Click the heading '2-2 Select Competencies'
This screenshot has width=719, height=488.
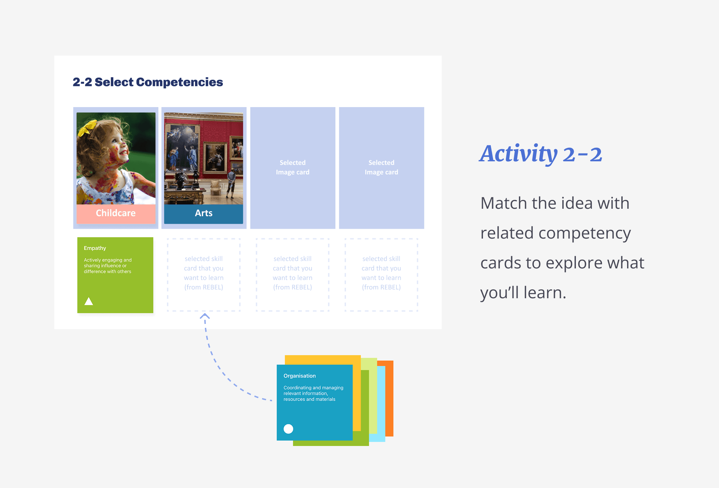(x=148, y=82)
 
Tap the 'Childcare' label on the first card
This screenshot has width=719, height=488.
(x=116, y=213)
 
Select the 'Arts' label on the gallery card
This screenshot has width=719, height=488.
(x=203, y=213)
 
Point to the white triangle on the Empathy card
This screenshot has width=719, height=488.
(x=89, y=301)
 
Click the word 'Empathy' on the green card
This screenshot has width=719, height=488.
(x=95, y=248)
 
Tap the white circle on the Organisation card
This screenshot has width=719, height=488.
(x=288, y=429)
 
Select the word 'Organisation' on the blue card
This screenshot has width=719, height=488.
(x=299, y=376)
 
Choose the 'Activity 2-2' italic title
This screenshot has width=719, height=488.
(x=541, y=154)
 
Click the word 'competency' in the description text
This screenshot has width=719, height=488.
(x=585, y=233)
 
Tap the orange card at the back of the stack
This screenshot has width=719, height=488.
(x=389, y=398)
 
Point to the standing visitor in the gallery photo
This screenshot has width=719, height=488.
(x=231, y=183)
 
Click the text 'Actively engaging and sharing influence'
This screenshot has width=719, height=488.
(x=108, y=263)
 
